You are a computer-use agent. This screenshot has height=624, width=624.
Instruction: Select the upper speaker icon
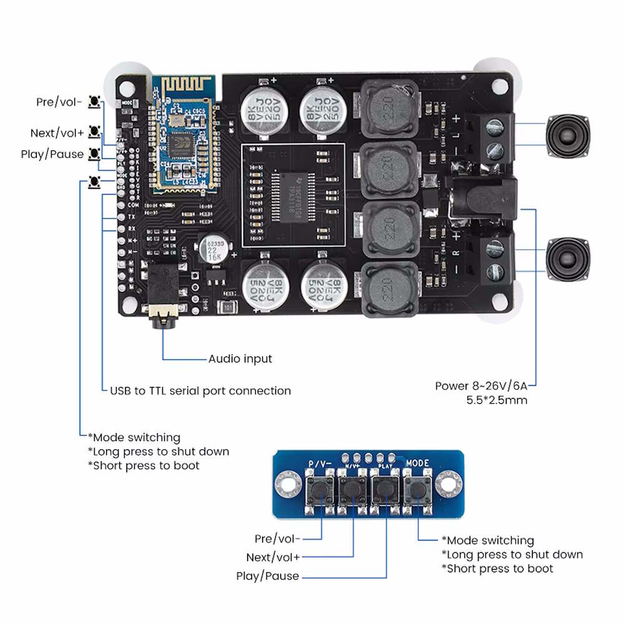[568, 136]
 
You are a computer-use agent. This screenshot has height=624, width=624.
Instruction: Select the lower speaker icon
[568, 260]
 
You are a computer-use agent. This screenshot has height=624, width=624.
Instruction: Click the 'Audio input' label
[240, 359]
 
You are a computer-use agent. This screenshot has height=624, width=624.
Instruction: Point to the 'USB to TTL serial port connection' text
[200, 391]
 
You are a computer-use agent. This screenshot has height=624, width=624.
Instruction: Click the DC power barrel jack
[487, 200]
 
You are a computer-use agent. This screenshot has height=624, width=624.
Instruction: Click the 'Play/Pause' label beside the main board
[52, 154]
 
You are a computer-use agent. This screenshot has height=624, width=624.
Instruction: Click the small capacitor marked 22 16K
[208, 248]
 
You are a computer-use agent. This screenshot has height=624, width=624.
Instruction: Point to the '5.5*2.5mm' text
[497, 400]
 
